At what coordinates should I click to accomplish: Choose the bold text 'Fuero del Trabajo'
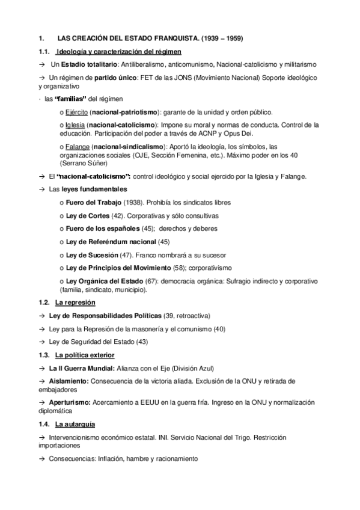[x=93, y=203]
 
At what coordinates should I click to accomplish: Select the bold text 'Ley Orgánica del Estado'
[x=104, y=281]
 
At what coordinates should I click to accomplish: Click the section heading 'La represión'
[x=75, y=302]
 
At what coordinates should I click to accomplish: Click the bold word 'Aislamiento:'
[x=69, y=381]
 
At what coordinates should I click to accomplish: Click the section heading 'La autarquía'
[x=75, y=425]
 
